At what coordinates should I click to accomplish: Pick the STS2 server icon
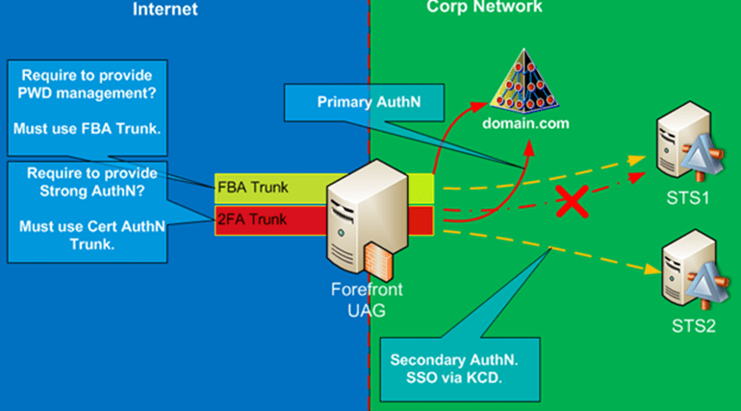tap(685, 272)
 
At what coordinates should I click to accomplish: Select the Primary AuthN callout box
tap(361, 99)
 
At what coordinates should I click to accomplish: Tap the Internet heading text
tap(165, 9)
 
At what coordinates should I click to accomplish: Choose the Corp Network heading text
tap(484, 7)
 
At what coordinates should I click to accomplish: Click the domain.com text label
tap(526, 123)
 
